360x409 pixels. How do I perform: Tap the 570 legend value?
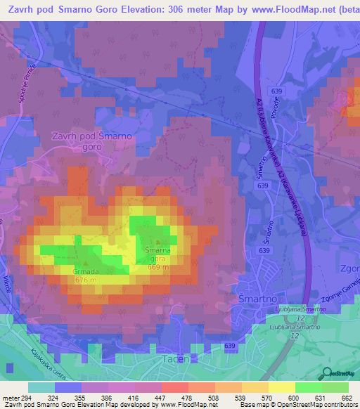266,397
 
